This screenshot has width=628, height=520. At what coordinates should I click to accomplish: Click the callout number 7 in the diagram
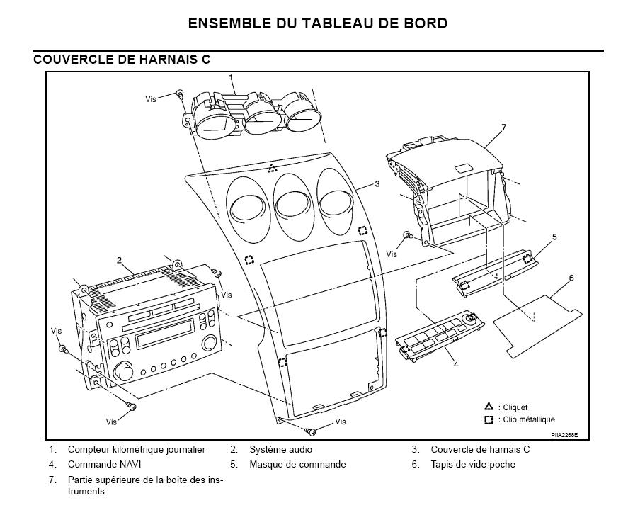tap(503, 128)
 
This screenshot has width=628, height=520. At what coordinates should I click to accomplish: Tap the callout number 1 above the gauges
tap(231, 77)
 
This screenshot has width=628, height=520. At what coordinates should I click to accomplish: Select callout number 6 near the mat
tap(571, 278)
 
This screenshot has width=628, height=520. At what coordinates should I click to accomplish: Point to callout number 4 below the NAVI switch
tap(455, 365)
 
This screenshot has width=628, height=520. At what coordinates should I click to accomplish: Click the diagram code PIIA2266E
tap(564, 434)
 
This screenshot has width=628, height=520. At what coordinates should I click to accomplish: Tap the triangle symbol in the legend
tap(489, 407)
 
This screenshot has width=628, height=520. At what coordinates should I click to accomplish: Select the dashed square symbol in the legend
tap(489, 419)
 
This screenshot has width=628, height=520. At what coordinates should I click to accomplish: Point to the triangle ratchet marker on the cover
tap(273, 169)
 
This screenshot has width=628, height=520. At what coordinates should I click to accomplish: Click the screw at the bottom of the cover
tap(310, 431)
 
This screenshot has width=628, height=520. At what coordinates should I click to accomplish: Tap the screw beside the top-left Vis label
tap(179, 94)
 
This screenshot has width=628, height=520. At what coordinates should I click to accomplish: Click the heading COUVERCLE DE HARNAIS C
tap(122, 60)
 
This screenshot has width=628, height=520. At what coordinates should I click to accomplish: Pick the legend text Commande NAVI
tap(102, 465)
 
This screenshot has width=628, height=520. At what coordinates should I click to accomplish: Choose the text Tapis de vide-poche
tap(472, 465)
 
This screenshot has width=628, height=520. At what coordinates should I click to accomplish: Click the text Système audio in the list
tap(280, 449)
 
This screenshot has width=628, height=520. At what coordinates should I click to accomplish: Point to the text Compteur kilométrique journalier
tap(137, 449)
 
